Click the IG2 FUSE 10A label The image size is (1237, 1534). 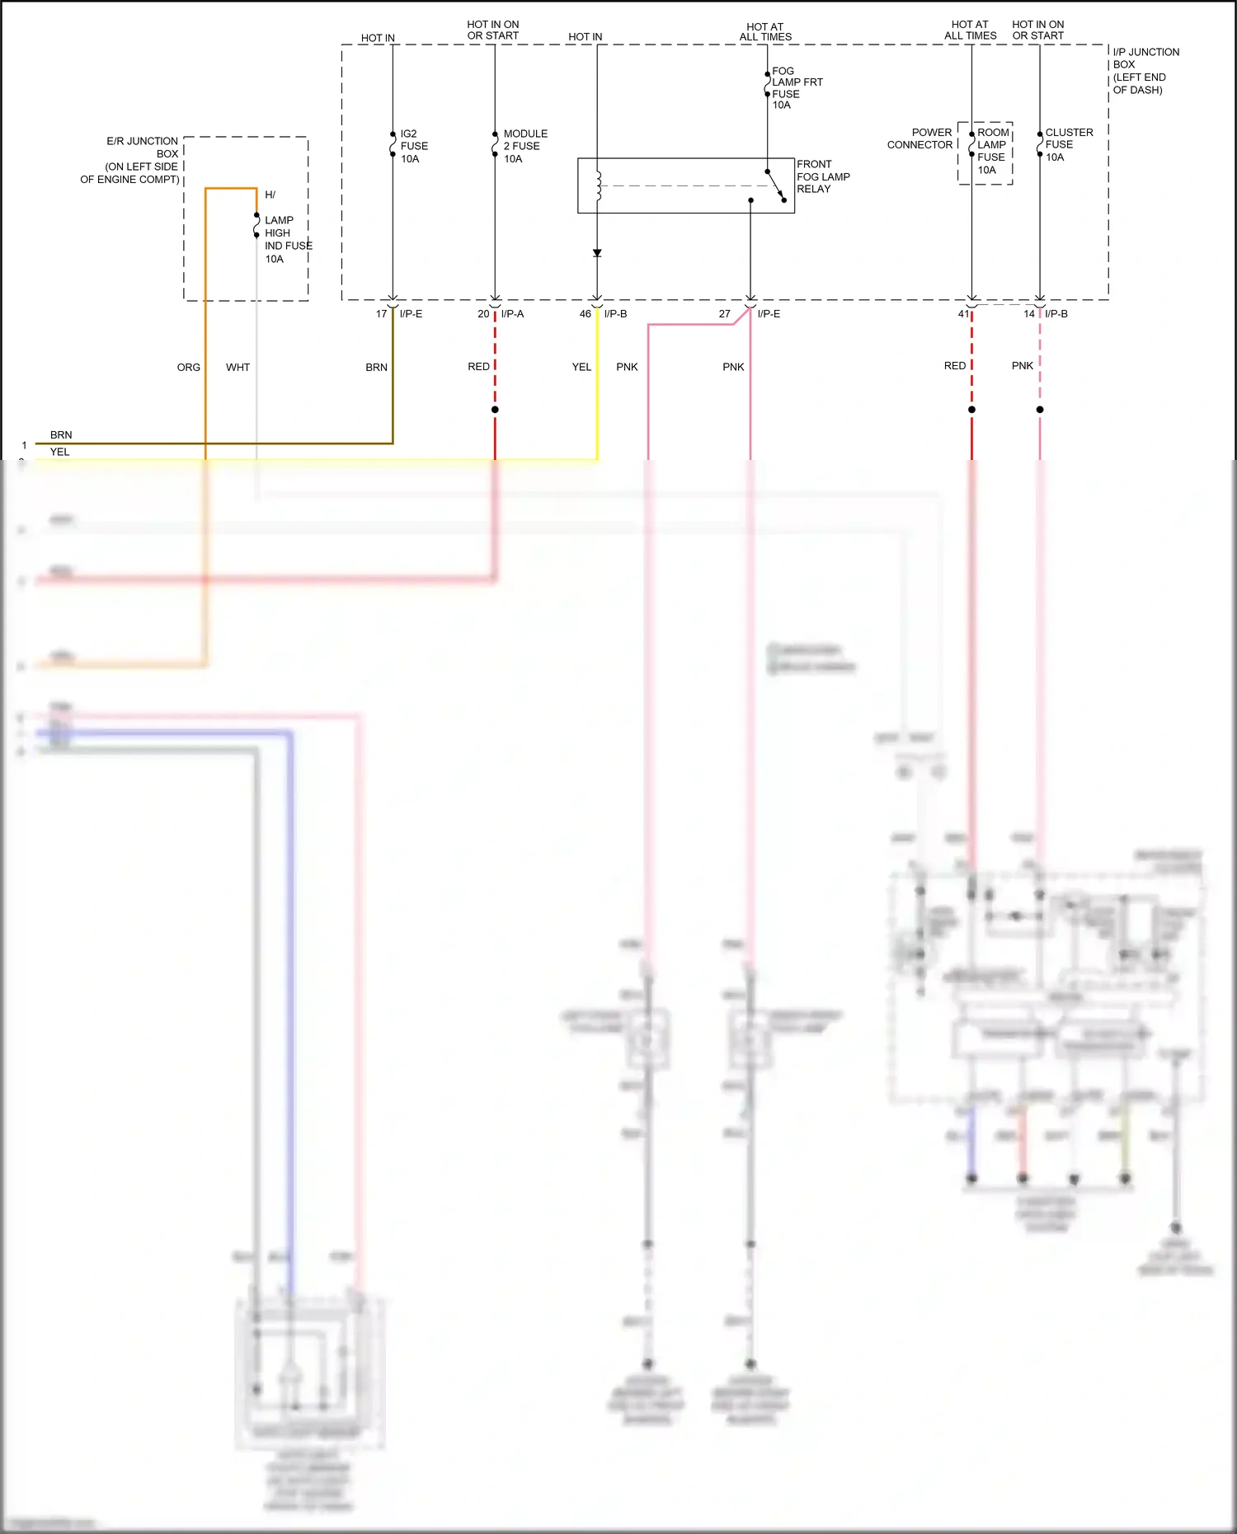(x=413, y=146)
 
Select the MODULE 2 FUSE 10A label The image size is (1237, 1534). (x=524, y=146)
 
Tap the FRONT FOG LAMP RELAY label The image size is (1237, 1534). (x=822, y=176)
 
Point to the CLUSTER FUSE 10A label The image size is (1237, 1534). (x=1068, y=144)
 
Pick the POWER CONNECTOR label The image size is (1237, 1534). (x=920, y=138)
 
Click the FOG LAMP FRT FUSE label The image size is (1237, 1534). (x=796, y=87)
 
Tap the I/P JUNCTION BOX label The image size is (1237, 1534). (x=1145, y=71)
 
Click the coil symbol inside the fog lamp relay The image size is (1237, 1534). (x=599, y=186)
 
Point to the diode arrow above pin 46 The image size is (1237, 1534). (x=597, y=253)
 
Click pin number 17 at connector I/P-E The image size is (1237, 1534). (x=381, y=314)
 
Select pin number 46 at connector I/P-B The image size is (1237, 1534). (x=585, y=314)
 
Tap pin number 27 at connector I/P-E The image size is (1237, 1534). (x=724, y=314)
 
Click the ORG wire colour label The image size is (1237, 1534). (x=188, y=368)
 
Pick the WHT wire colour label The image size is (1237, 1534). (x=238, y=368)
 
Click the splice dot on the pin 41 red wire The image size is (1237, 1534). (x=971, y=410)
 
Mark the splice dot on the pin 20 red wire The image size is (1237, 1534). (x=495, y=410)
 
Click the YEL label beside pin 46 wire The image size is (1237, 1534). (x=581, y=368)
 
